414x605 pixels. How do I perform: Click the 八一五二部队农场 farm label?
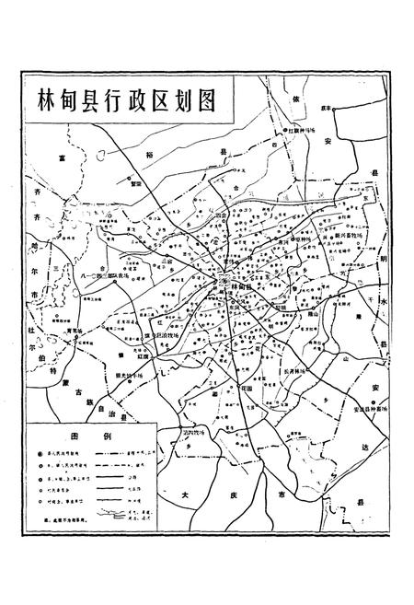tap(108, 273)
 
